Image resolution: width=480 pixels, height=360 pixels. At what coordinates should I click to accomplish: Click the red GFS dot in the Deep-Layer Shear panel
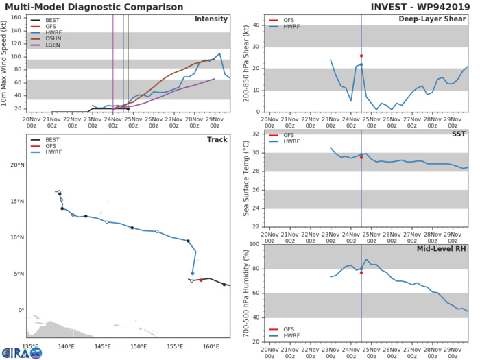pyautogui.click(x=361, y=56)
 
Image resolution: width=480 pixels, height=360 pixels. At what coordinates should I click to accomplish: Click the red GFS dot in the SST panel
pyautogui.click(x=361, y=157)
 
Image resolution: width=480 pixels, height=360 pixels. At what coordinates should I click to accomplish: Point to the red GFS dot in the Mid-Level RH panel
pyautogui.click(x=361, y=272)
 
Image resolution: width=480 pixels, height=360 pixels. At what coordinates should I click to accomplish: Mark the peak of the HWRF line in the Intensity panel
pyautogui.click(x=219, y=53)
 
